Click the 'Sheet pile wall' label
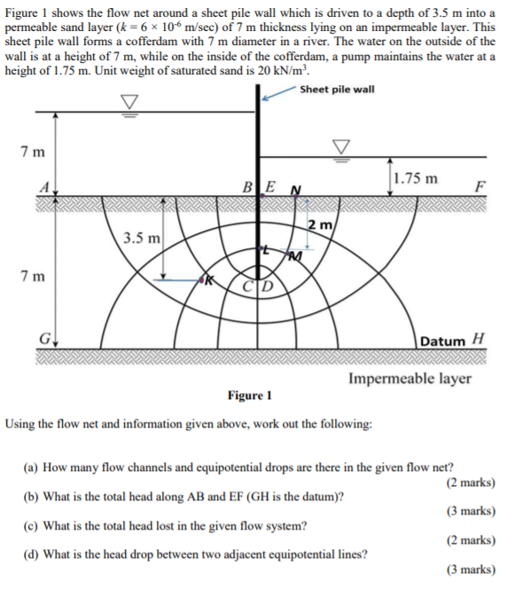337,90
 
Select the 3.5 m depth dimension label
142,238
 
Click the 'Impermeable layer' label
409,379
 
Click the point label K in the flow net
211,280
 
